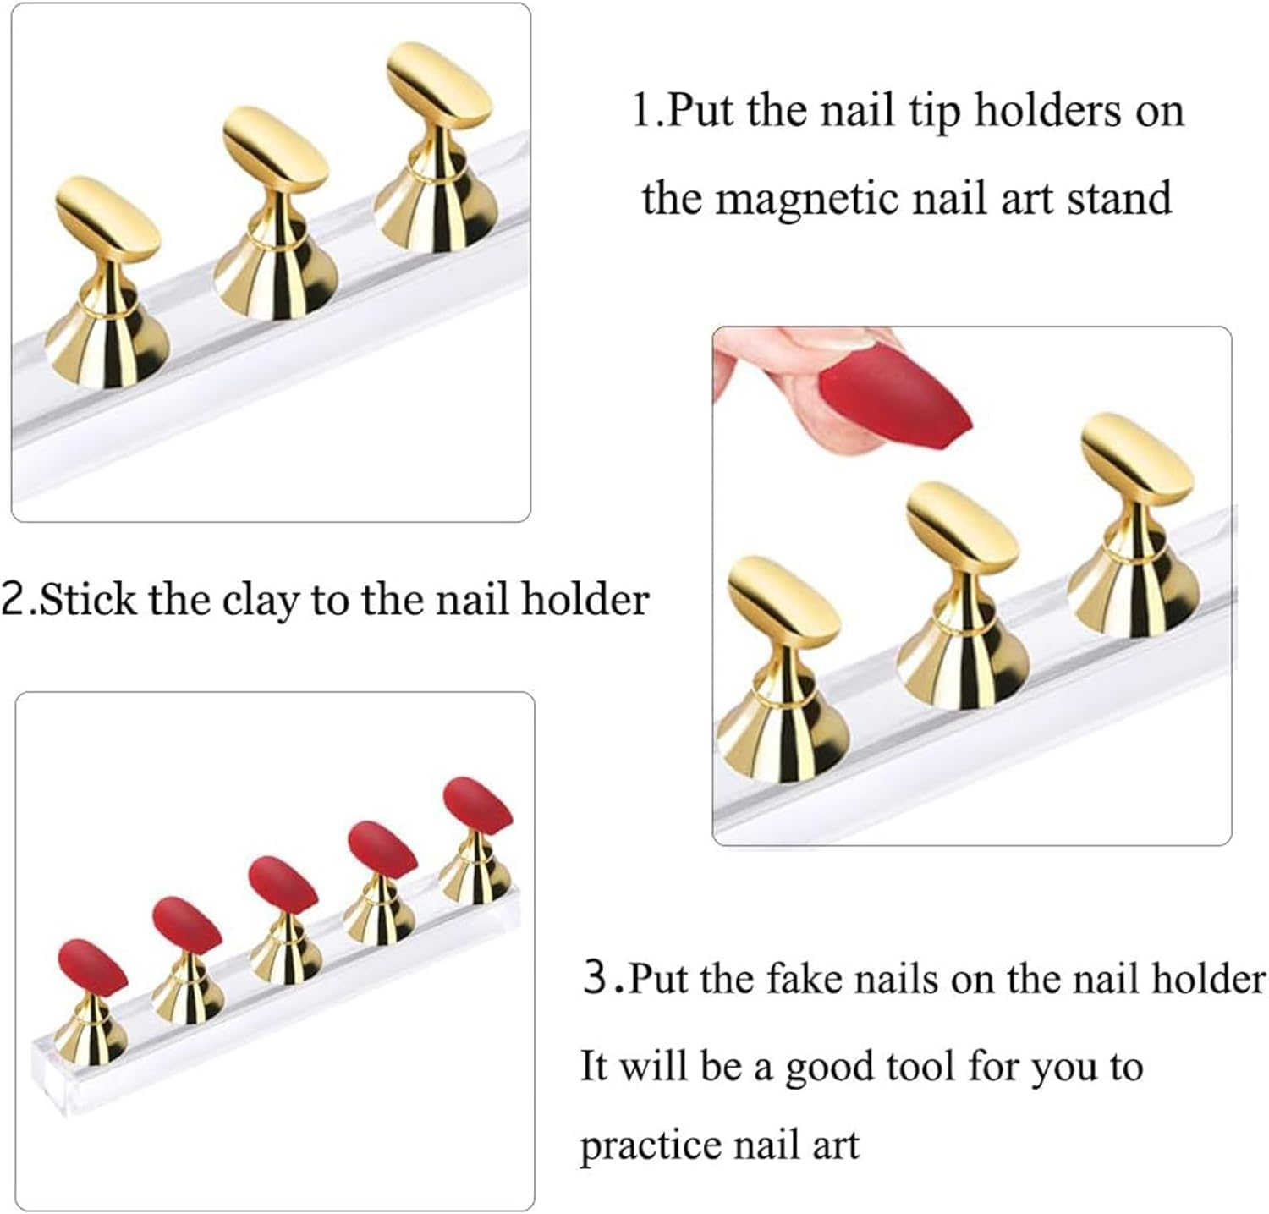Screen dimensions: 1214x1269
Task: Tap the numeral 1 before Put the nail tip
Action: pyautogui.click(x=642, y=110)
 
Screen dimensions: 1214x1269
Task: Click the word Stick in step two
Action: pyautogui.click(x=88, y=600)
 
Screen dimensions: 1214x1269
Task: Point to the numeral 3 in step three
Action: pyautogui.click(x=596, y=979)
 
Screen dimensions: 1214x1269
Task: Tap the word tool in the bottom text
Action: pyautogui.click(x=920, y=1066)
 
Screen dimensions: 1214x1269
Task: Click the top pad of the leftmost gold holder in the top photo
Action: pyautogui.click(x=107, y=217)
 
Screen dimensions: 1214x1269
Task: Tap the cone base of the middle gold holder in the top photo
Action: pyautogui.click(x=276, y=279)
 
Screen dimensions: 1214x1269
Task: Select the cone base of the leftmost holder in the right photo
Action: pyautogui.click(x=778, y=736)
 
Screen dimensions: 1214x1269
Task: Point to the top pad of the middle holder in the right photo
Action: pyautogui.click(x=959, y=530)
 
